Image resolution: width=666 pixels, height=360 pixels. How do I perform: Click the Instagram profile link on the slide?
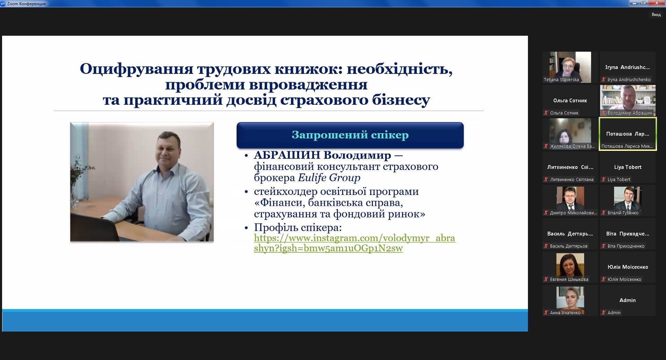pos(355,243)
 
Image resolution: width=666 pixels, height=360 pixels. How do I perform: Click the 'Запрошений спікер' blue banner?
pos(350,135)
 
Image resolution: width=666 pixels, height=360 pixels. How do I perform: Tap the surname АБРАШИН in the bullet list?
pos(288,155)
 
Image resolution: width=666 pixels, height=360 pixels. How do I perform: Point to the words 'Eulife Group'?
pos(329,178)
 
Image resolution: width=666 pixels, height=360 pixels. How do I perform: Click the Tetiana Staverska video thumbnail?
pos(570,67)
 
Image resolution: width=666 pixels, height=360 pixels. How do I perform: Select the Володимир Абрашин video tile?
pos(628,101)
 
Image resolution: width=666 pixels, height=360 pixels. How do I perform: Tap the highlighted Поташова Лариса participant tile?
pos(628,134)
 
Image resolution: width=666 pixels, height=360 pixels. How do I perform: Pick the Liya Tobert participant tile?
pos(628,167)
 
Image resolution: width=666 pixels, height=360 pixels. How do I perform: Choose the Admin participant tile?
pos(628,300)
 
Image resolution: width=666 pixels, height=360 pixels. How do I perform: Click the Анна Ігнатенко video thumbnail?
pos(570,300)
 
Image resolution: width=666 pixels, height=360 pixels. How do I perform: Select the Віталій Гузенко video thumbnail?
pos(628,200)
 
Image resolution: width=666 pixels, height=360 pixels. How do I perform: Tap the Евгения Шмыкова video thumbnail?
pos(570,267)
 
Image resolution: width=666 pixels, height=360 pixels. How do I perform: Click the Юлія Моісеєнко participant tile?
pos(628,267)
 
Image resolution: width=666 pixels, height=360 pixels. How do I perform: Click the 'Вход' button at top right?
pos(656,15)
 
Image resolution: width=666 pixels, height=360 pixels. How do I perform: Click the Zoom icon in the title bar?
pos(3,3)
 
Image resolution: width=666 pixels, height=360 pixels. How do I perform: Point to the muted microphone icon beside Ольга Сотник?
pos(546,113)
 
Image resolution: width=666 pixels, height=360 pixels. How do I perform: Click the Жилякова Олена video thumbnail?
pos(570,134)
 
